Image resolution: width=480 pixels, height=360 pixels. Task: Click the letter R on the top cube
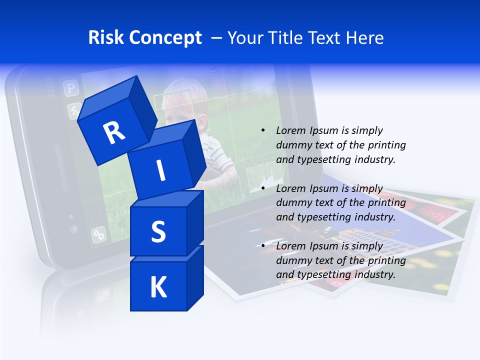pyautogui.click(x=114, y=132)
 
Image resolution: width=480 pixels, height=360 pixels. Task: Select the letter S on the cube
pyautogui.click(x=158, y=231)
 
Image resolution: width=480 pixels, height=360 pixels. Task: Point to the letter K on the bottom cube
pyautogui.click(x=158, y=287)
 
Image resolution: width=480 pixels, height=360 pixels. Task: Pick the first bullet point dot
pyautogui.click(x=263, y=131)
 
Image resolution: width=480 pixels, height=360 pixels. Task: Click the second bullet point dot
pyautogui.click(x=263, y=188)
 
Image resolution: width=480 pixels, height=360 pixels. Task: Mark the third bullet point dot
pyautogui.click(x=263, y=246)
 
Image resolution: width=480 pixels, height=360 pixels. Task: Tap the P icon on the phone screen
pyautogui.click(x=71, y=89)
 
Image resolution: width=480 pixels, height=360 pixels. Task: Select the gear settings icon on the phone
pyautogui.click(x=98, y=234)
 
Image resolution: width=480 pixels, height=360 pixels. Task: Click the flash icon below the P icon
pyautogui.click(x=74, y=110)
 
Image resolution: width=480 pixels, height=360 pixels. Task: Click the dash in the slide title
pyautogui.click(x=217, y=38)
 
